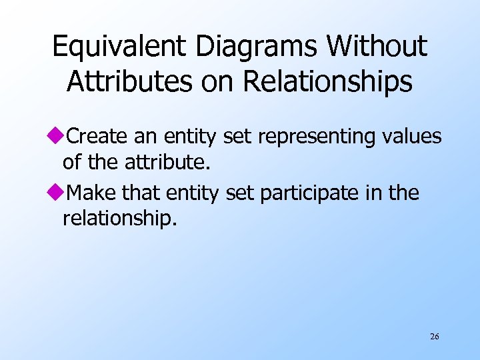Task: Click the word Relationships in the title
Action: point(328,81)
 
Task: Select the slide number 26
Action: point(435,337)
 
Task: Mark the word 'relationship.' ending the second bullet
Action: point(119,219)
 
